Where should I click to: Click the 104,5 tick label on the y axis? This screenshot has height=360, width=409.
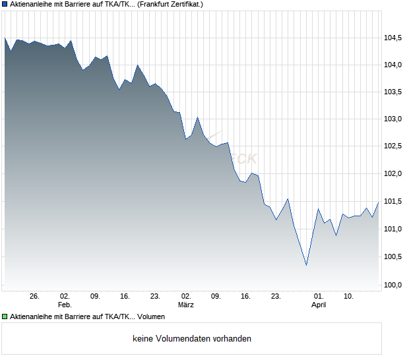pos(393,38)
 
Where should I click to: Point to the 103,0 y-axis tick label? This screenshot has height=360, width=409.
pos(393,119)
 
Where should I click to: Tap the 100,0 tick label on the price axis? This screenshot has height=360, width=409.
pos(393,285)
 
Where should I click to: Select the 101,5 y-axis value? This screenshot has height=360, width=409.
pos(393,202)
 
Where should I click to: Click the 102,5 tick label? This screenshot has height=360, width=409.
pos(393,146)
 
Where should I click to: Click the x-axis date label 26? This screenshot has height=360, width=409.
pos(35,297)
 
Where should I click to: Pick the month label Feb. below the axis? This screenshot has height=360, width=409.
pos(65,305)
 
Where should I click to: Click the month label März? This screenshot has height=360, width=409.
pos(187,305)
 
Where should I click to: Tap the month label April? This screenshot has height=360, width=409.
pos(319,305)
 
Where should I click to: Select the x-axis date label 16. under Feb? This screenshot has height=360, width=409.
pos(125,297)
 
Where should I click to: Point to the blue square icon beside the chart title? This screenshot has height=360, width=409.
pos(5,4)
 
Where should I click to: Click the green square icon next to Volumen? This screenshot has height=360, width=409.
pos(5,317)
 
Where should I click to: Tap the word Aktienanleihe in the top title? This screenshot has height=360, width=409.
pos(32,4)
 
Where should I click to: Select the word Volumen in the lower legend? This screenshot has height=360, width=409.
pos(151,317)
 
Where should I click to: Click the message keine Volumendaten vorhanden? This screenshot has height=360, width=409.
pos(192,339)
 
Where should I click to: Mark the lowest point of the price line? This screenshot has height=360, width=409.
pos(306,265)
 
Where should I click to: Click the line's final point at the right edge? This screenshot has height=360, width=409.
pos(379,202)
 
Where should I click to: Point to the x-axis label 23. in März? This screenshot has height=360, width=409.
pos(277,297)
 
